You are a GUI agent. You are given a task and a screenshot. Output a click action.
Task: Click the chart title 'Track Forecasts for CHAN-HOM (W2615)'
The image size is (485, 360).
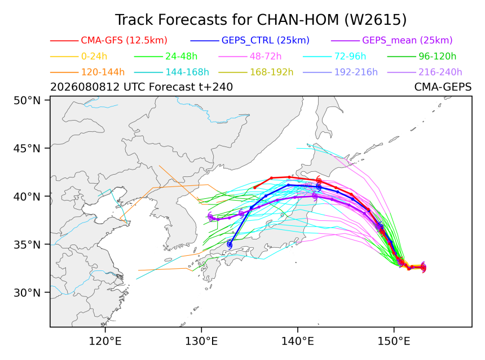(x=261, y=20)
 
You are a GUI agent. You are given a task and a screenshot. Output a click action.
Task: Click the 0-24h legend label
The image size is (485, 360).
(x=94, y=56)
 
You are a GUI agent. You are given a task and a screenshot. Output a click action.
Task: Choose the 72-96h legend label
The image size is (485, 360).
(x=350, y=56)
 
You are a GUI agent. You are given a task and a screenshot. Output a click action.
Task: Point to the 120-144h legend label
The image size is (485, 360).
(x=103, y=72)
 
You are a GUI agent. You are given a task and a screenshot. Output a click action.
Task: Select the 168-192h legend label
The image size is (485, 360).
(x=272, y=72)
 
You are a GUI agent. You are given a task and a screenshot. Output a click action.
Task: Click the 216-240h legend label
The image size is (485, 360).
(x=440, y=72)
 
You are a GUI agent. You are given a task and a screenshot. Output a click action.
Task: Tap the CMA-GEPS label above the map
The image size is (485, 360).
(x=443, y=87)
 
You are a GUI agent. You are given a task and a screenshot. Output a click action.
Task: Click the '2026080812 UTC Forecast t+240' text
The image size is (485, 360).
(x=142, y=87)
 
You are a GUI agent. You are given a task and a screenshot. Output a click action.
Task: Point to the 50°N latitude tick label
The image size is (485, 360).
(x=27, y=100)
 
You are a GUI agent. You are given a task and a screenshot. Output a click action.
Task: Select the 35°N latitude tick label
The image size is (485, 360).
(x=27, y=245)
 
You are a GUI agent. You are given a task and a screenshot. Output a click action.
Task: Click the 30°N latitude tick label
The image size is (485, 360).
(x=27, y=292)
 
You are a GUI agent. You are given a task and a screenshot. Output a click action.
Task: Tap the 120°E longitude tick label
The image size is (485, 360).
(x=105, y=341)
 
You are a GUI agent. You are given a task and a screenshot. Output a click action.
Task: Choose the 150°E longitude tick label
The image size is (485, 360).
(x=394, y=341)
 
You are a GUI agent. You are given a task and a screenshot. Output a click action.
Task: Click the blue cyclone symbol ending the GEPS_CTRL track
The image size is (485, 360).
(x=230, y=245)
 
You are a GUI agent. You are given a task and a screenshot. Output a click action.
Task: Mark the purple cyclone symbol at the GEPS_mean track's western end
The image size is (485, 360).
(x=211, y=217)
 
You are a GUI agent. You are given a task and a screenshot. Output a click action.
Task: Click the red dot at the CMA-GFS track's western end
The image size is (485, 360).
(x=255, y=188)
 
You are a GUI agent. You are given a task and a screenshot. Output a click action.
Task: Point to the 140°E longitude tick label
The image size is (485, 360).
(x=298, y=341)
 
